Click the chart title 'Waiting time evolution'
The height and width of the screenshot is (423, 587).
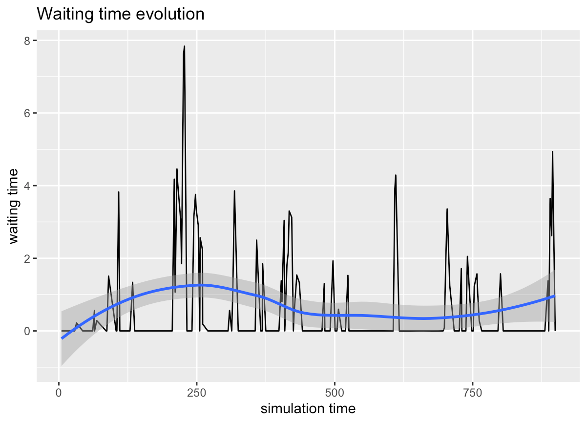120,14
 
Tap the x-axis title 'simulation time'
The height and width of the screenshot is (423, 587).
308,408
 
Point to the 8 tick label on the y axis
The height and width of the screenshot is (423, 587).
27,41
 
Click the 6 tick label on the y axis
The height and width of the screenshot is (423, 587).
27,113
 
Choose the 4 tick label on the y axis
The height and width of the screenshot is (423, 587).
27,186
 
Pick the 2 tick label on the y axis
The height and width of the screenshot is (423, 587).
27,258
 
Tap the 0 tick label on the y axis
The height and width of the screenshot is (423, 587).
27,331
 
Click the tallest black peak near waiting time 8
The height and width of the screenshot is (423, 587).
185,46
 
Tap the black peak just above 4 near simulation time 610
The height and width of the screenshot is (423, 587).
396,175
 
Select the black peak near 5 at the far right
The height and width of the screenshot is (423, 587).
552,151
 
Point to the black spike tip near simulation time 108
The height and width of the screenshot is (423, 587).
119,192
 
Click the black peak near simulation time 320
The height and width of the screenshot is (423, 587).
234,191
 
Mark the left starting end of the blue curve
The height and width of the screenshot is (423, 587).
62,338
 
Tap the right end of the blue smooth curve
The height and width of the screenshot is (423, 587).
555,296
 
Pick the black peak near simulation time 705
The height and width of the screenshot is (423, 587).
447,209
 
